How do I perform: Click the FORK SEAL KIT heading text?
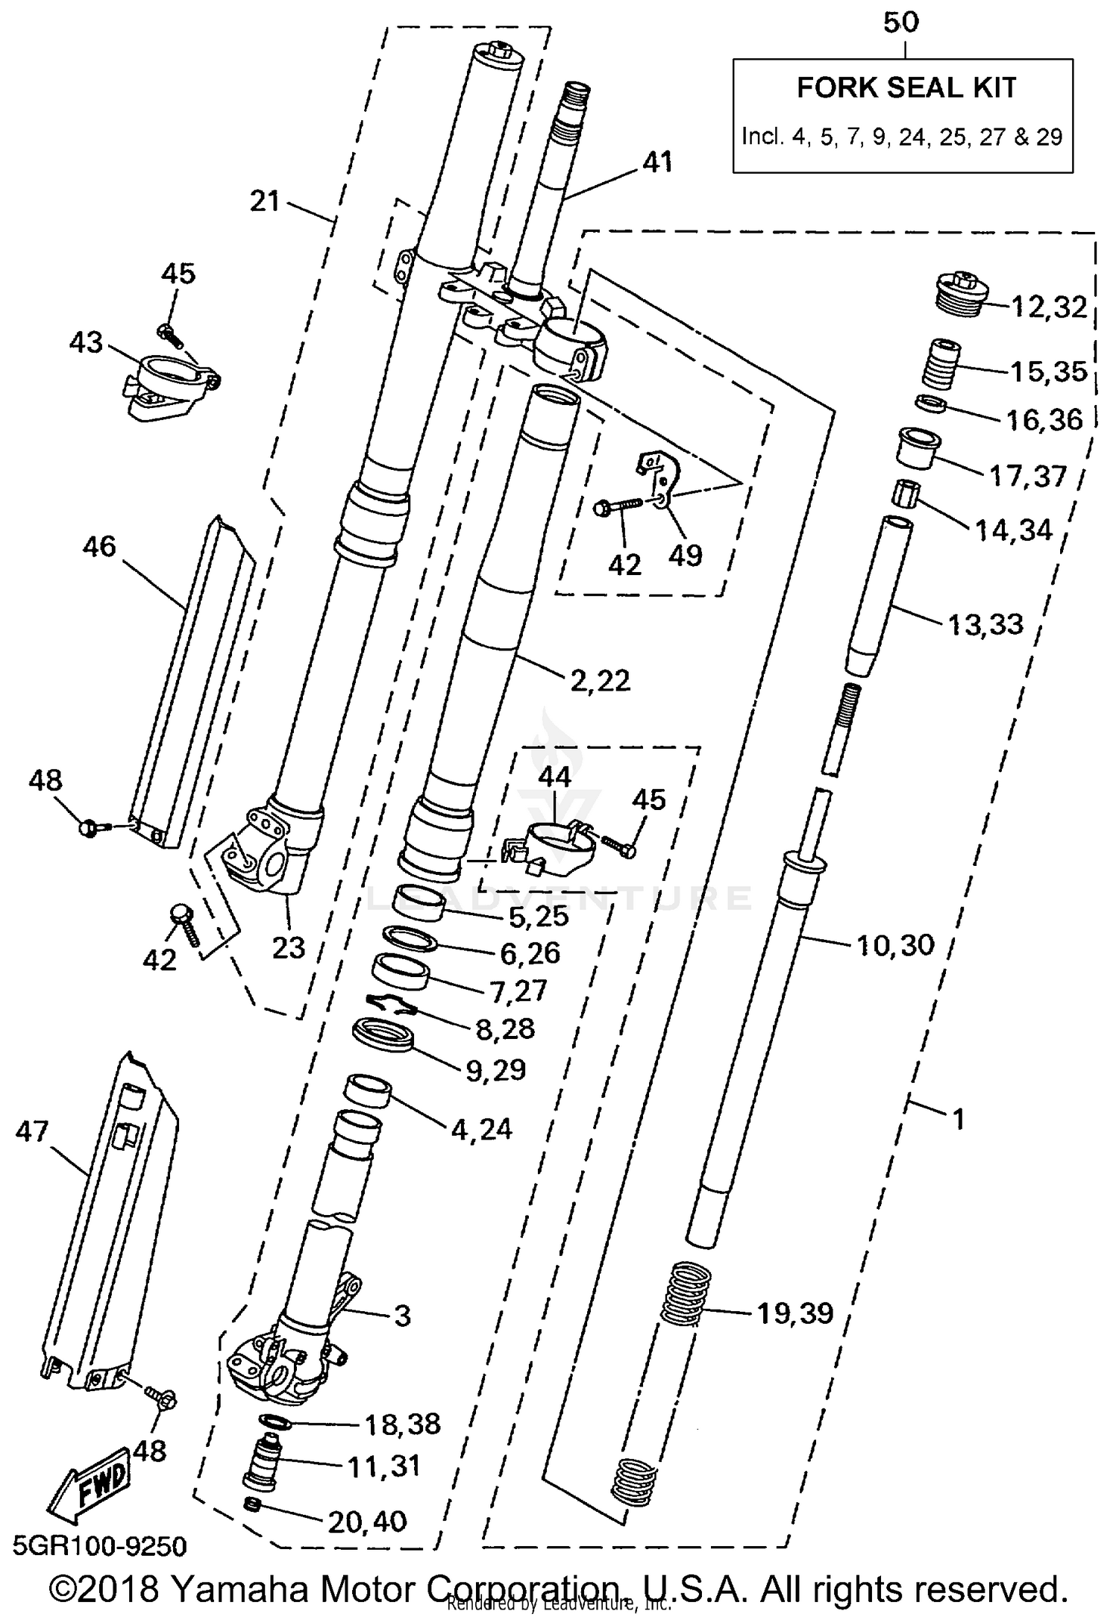coord(906,88)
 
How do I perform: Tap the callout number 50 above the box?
coord(901,23)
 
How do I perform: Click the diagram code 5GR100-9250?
coord(99,1547)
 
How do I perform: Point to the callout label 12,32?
coord(1049,307)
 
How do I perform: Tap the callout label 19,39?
coord(795,1313)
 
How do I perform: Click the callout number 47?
coord(32,1131)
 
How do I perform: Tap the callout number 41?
coord(657,161)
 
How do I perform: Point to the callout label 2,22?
coord(600,679)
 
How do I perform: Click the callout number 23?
coord(288,947)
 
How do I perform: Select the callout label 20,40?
coord(368,1521)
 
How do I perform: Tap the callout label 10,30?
coord(895,945)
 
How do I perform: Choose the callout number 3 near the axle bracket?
coord(402,1316)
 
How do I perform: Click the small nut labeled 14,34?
coord(906,494)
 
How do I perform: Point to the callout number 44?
coord(554,777)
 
